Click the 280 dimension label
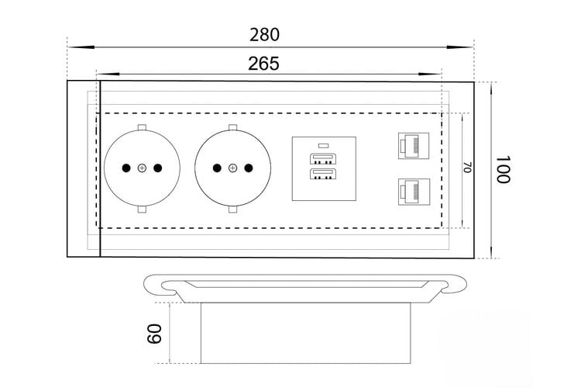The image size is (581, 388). coord(264,35)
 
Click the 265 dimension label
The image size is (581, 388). coord(263,64)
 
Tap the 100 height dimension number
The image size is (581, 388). coord(503,170)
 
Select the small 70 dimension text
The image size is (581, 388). coord(467,167)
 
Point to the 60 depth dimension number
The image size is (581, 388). coord(154,334)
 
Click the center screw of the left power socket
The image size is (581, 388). coord(142,168)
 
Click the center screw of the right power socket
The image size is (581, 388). coord(232,168)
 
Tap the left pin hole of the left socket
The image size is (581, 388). coord(126,168)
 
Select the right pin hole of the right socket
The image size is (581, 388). coord(249,168)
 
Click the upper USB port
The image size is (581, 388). coord(323,158)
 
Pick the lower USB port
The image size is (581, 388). coord(323,174)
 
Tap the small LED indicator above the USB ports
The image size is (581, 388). coord(324,145)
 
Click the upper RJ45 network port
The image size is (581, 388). coord(414,146)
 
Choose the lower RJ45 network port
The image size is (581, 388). coord(414,192)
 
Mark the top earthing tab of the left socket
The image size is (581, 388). coord(142,127)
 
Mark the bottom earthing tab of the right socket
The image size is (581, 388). coord(232,210)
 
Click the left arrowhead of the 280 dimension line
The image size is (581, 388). coord(81,47)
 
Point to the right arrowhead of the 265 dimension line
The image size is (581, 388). coord(430,74)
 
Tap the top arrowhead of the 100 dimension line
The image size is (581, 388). coord(491,88)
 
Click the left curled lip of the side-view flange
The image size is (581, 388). coord(160,286)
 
